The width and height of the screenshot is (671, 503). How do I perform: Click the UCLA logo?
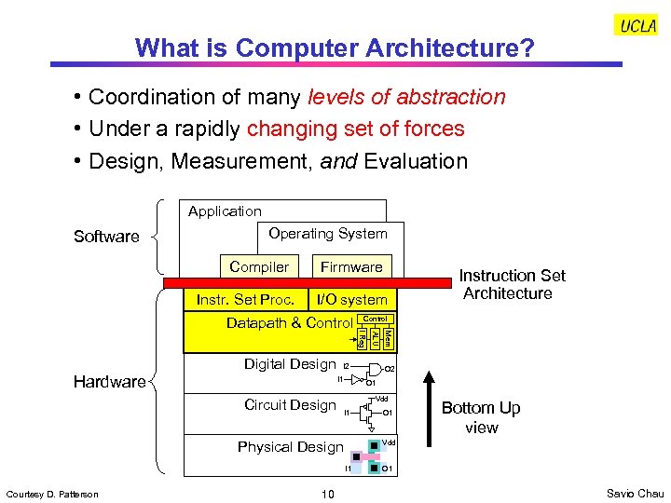[x=637, y=26]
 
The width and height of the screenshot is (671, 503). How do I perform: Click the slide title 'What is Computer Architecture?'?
[x=335, y=48]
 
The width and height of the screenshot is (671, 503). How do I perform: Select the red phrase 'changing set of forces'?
[x=355, y=129]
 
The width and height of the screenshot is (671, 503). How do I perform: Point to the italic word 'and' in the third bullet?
[x=339, y=161]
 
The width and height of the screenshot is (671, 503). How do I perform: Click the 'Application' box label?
[x=225, y=211]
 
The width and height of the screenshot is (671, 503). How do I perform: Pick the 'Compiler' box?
[x=259, y=266]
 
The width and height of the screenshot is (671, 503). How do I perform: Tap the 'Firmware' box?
[x=351, y=266]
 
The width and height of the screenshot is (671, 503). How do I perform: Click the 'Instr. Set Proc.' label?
[x=245, y=299]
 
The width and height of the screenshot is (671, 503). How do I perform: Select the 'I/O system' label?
[x=351, y=299]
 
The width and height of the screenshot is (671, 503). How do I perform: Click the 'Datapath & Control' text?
[x=289, y=323]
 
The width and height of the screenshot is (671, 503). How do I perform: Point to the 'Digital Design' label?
[x=289, y=364]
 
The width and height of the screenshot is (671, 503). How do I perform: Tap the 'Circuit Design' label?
[x=289, y=405]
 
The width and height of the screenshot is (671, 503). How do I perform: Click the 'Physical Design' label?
[x=290, y=447]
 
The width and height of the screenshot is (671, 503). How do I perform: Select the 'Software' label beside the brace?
[x=106, y=237]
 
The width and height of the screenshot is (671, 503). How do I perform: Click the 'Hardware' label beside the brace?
[x=110, y=381]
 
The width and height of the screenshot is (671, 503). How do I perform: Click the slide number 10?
[x=327, y=494]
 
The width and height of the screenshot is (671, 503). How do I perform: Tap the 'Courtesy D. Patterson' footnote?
[x=52, y=494]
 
